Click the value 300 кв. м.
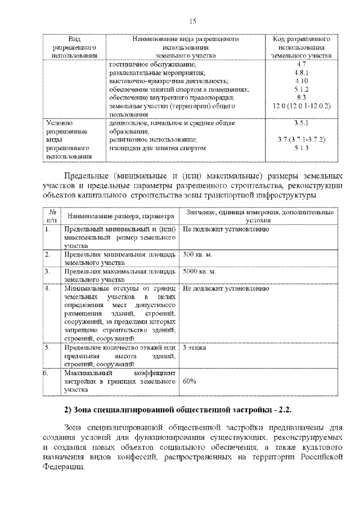click(197, 255)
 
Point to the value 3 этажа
click(195, 348)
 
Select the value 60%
click(190, 381)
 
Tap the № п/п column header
click(52, 216)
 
